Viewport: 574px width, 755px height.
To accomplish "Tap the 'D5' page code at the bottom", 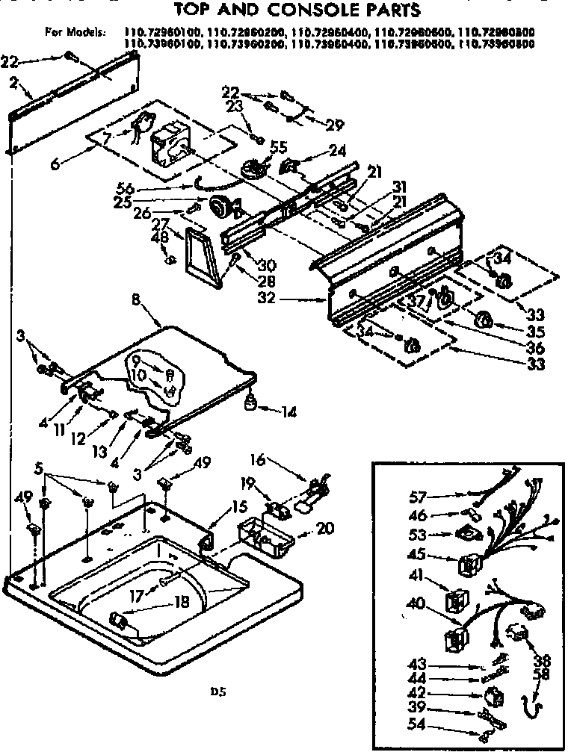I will (x=217, y=692).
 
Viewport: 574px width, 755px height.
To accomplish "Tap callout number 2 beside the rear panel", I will (x=13, y=84).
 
